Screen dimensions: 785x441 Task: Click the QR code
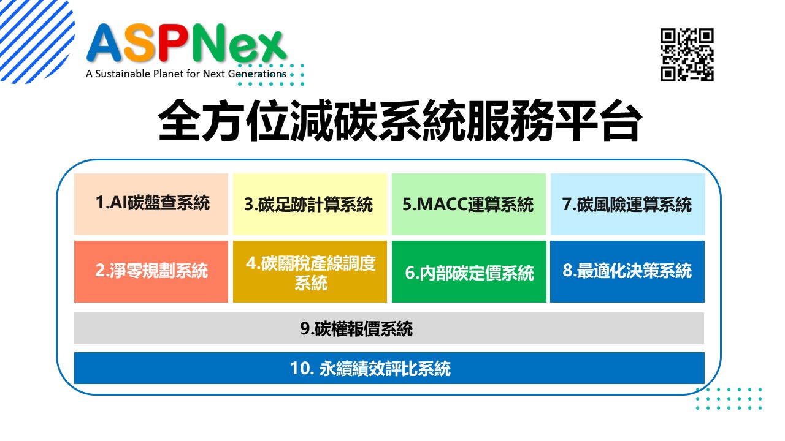(687, 55)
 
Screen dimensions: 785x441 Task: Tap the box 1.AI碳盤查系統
(151, 204)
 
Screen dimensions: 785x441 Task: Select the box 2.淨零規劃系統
(151, 271)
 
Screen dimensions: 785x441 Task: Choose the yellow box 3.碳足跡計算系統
(310, 204)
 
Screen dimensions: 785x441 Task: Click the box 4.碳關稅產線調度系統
(310, 271)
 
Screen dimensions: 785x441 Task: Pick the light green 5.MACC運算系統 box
(469, 204)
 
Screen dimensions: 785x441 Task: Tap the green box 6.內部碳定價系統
(469, 271)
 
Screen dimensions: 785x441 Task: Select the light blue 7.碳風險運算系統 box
(627, 204)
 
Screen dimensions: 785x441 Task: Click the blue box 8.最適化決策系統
(627, 271)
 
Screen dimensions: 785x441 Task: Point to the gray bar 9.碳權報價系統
(389, 328)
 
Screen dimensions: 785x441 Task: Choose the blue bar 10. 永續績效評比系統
(389, 368)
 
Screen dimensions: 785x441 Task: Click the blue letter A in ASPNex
(104, 43)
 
